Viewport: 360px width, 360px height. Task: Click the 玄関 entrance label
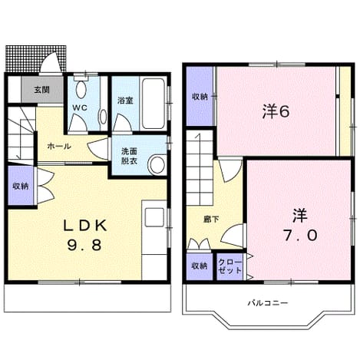[x=42, y=90]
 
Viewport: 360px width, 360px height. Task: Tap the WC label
[x=80, y=107]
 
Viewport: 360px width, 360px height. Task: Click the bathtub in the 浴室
[x=154, y=104]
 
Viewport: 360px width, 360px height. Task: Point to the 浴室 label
[x=125, y=101]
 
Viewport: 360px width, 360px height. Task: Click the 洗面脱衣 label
[x=130, y=157]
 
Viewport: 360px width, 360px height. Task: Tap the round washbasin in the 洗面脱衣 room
[x=157, y=165]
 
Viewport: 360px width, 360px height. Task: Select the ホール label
[x=59, y=147]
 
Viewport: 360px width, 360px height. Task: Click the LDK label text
[x=85, y=226]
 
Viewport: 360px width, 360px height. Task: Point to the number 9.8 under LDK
[x=84, y=245]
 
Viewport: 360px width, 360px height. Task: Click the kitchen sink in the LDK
[x=154, y=217]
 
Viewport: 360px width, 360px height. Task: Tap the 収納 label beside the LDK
[x=21, y=187]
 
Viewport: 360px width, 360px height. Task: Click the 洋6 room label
[x=276, y=112]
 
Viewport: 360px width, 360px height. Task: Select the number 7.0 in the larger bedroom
[x=300, y=235]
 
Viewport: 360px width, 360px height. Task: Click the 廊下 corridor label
[x=211, y=220]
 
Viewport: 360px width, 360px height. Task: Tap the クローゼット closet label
[x=230, y=266]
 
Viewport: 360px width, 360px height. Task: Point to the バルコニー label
[x=268, y=303]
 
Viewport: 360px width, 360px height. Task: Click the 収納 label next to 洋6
[x=200, y=97]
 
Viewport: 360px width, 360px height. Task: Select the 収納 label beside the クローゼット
[x=200, y=266]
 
